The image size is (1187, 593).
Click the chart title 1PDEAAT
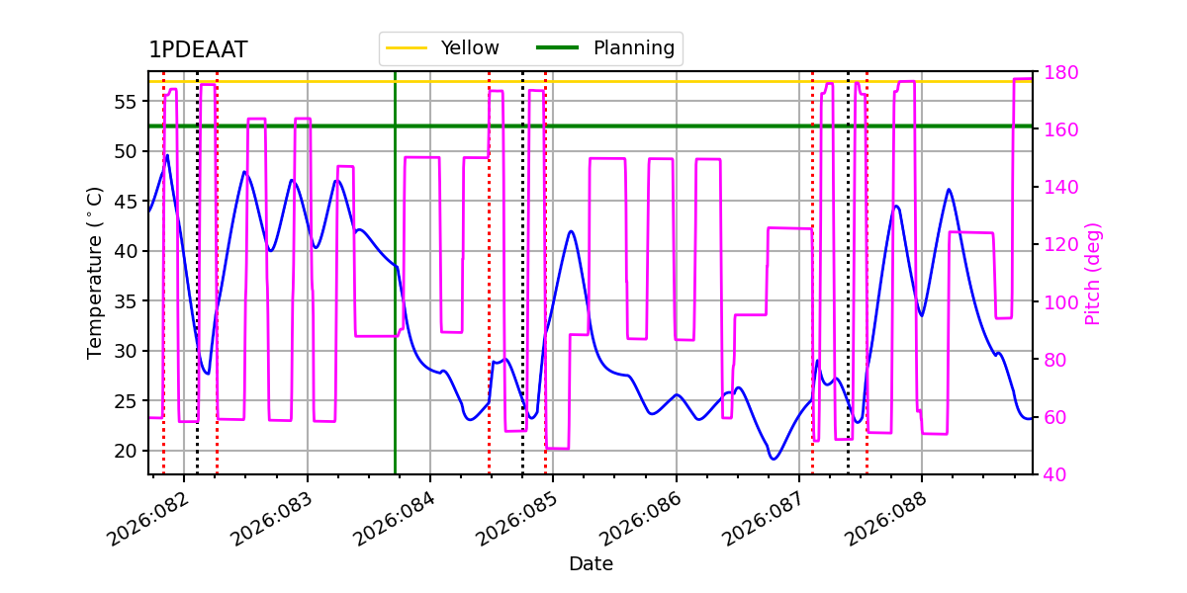[198, 50]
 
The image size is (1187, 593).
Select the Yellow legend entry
[469, 48]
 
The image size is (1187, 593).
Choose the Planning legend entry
[633, 48]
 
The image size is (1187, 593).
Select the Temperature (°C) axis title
[95, 272]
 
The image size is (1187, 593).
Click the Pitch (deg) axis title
[1092, 273]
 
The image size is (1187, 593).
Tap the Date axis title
[591, 564]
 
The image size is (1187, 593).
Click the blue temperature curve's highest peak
[167, 155]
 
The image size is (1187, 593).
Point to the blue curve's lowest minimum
[774, 459]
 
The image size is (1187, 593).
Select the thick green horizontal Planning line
[692, 126]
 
